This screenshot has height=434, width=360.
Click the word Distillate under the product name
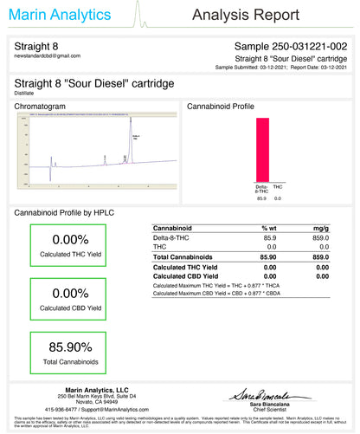click(x=27, y=92)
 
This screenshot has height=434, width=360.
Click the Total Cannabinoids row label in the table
click(x=183, y=257)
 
